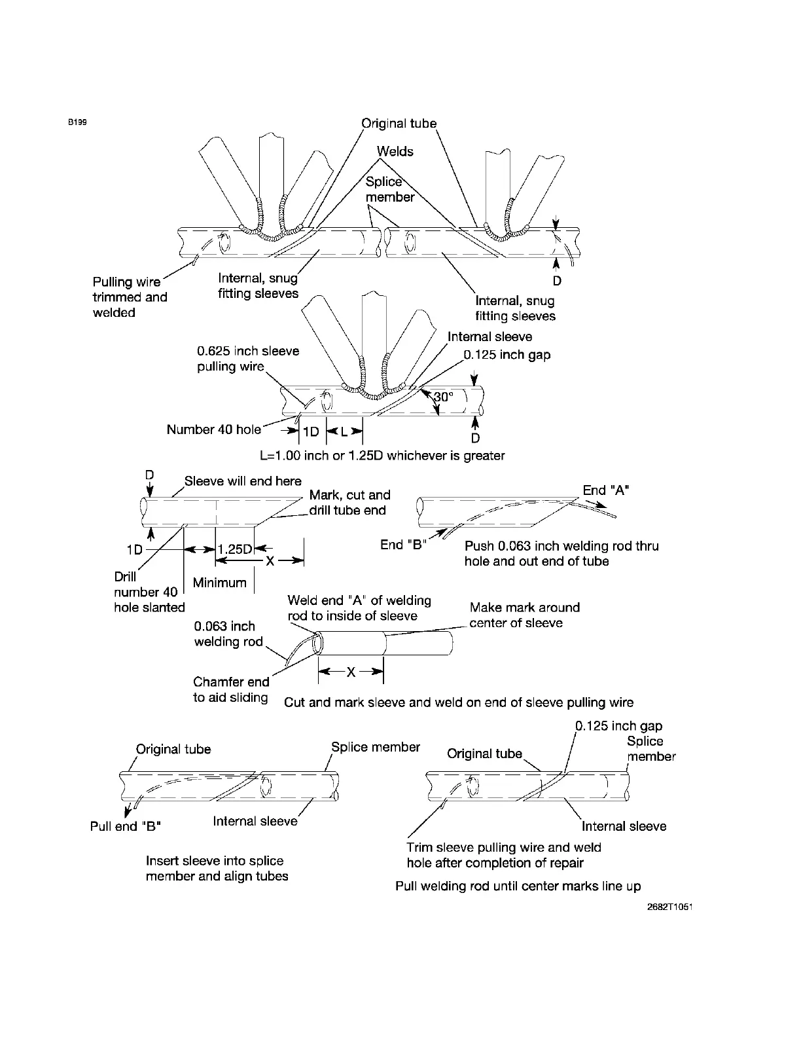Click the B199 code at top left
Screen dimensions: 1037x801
pos(77,122)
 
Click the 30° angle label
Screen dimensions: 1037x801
pos(443,397)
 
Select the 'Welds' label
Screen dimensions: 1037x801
pos(395,151)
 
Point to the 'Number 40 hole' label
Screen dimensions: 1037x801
pos(213,429)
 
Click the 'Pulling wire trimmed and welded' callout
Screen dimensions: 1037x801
pos(130,297)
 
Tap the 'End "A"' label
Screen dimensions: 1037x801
pos(606,490)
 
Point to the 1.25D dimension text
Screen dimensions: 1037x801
pos(235,549)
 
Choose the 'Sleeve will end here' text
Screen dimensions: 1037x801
pos(243,481)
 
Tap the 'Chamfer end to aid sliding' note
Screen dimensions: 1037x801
pos(231,689)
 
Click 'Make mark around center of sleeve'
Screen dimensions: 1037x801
pos(524,615)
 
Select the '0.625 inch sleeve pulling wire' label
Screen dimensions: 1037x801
pos(248,358)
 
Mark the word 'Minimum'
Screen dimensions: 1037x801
pos(220,583)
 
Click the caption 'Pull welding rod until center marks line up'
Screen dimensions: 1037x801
pos(518,886)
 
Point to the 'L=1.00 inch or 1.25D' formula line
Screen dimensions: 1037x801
pos(382,455)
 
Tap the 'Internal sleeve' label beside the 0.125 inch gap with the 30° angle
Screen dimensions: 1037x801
pos(489,337)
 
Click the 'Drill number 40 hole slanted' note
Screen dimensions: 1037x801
pos(149,592)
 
